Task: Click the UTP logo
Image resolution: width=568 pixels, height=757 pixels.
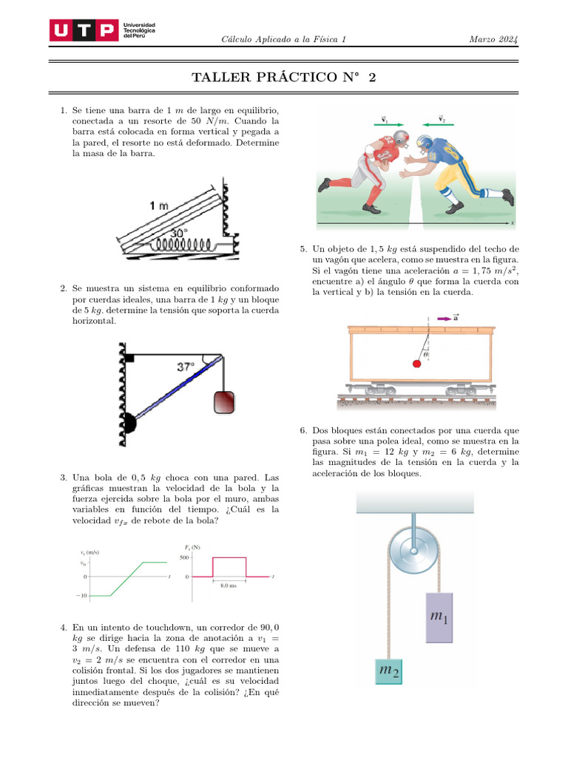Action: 83,30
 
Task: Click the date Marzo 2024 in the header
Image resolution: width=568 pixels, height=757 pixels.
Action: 493,39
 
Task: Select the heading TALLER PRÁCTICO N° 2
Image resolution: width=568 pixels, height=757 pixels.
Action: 283,78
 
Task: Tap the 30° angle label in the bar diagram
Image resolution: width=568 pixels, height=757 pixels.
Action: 178,232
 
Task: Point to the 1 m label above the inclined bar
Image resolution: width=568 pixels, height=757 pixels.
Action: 159,206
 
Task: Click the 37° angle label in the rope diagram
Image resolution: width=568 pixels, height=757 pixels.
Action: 186,366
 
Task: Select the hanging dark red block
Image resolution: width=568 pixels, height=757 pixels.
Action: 224,401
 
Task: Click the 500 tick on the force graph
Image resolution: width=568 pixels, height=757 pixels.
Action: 185,557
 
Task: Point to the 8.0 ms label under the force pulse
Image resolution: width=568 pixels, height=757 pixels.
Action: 229,585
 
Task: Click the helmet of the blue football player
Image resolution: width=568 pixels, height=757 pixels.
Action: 425,142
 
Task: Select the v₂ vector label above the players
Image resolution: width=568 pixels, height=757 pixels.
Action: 442,118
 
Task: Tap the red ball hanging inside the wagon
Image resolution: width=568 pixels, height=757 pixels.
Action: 416,363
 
